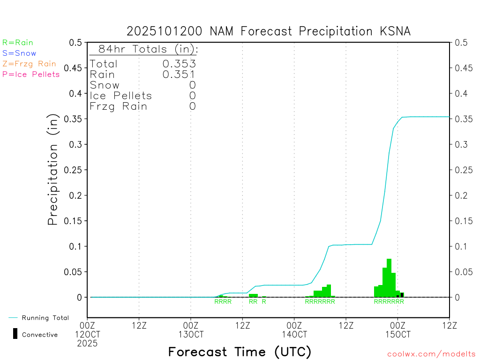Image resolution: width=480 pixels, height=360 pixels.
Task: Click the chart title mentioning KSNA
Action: click(269, 31)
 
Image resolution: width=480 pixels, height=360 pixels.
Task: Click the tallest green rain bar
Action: click(389, 278)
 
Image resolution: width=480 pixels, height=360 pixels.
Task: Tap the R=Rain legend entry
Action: click(18, 43)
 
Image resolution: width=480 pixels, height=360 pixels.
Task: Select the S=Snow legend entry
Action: click(19, 53)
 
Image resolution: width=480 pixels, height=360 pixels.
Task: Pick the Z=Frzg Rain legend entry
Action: click(29, 64)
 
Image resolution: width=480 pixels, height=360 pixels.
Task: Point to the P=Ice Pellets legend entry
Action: click(31, 74)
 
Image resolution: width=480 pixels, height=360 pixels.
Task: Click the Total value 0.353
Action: click(179, 64)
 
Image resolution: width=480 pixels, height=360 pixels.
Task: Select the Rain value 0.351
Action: click(179, 74)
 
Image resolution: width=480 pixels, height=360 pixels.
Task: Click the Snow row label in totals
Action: click(105, 85)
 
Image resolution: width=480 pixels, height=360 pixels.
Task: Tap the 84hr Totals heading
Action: click(148, 49)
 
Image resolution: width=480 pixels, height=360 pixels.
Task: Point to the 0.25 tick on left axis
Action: click(75, 170)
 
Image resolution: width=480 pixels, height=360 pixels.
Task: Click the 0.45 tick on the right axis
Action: click(462, 68)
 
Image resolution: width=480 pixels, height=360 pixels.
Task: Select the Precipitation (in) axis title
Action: click(53, 170)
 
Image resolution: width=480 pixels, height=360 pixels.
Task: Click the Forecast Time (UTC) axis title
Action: click(240, 352)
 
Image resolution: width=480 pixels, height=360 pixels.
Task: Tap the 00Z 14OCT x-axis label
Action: click(294, 330)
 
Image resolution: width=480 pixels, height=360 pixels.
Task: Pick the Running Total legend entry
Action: click(45, 318)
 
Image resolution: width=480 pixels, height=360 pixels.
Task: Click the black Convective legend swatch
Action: click(15, 334)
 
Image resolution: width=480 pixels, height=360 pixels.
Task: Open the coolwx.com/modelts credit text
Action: click(431, 354)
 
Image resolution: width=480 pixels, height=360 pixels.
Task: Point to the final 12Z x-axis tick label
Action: click(449, 324)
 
